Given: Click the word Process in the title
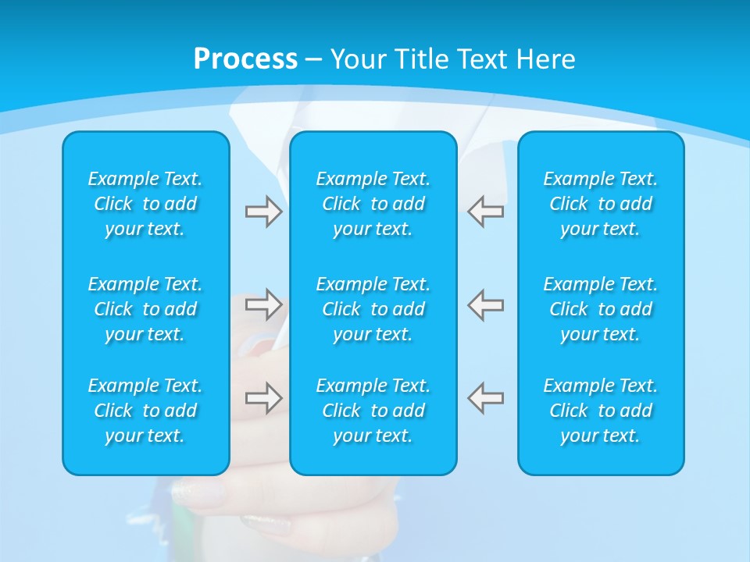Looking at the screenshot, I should (245, 59).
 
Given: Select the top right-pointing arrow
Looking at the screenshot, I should (263, 212).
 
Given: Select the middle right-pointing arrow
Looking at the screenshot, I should (263, 304).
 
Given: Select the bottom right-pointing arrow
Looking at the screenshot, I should (263, 398).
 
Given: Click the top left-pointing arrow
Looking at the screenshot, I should (486, 212).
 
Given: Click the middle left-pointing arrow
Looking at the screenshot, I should (486, 304).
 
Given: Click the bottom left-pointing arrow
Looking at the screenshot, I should (486, 398).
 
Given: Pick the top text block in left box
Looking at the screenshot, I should (145, 204).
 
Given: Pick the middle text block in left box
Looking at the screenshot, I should (145, 309).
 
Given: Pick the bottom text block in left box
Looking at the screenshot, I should (145, 411).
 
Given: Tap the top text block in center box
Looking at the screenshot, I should (373, 204).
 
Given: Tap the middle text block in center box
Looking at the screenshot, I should (373, 309).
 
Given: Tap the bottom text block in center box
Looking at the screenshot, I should (373, 411).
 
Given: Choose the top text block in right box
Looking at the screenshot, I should (601, 204).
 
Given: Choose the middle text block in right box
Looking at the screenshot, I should (601, 309).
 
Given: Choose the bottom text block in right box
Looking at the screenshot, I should (601, 411).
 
